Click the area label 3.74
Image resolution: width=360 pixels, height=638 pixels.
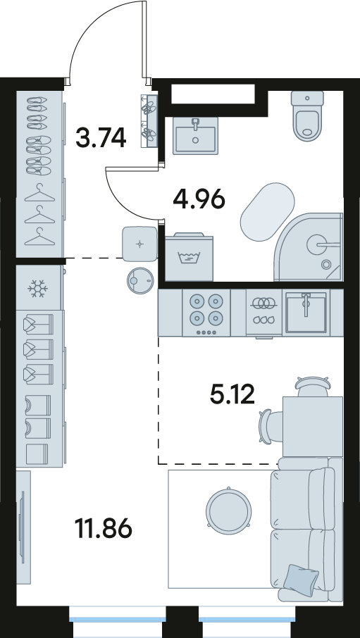(101, 137)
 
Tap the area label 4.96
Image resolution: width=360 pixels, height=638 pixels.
(199, 199)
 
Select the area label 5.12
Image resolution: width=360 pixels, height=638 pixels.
(232, 394)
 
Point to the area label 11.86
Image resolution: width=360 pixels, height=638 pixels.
(104, 528)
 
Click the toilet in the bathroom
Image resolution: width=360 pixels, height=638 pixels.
(307, 115)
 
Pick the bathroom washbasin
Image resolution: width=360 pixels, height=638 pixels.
(195, 135)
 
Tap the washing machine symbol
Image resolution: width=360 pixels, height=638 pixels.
(189, 257)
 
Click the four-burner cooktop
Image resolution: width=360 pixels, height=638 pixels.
(206, 313)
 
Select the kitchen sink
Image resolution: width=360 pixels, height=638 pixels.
(306, 312)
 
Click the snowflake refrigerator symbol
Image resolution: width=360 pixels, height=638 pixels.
(38, 289)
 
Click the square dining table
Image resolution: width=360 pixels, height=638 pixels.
(313, 427)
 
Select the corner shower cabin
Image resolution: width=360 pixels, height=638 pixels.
(309, 246)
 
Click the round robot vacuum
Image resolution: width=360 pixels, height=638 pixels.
(140, 280)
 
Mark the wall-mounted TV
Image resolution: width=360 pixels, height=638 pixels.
(23, 527)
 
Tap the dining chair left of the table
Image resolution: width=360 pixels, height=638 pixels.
(271, 427)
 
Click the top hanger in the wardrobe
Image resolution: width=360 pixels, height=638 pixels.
(39, 193)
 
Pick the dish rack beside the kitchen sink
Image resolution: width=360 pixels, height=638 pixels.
(264, 313)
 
